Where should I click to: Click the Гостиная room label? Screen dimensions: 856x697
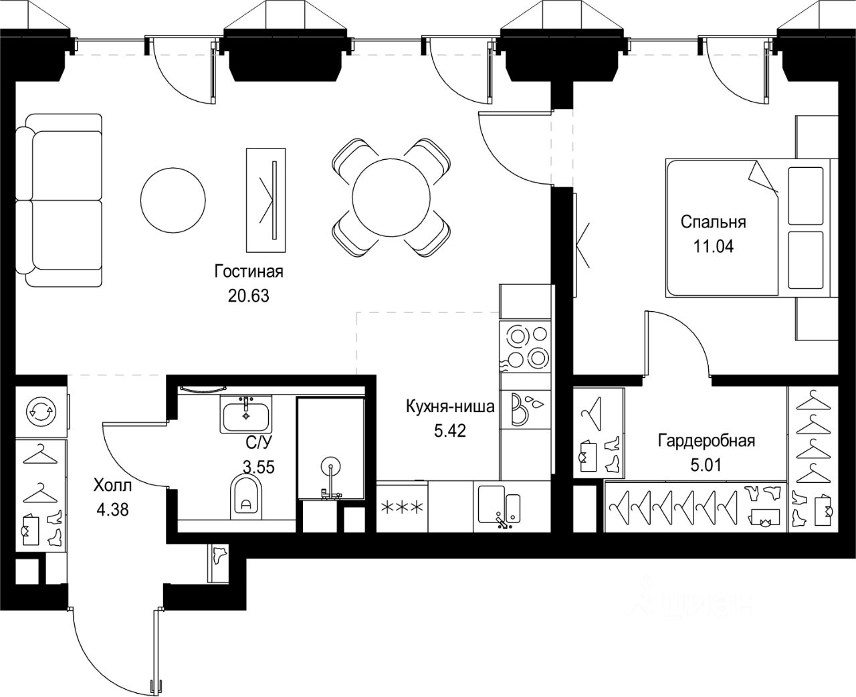pyautogui.click(x=249, y=272)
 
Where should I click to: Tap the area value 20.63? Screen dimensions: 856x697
pyautogui.click(x=248, y=296)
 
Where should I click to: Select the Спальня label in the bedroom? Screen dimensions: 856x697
pyautogui.click(x=714, y=222)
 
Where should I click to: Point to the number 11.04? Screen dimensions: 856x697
pyautogui.click(x=714, y=246)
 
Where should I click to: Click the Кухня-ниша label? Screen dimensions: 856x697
pyautogui.click(x=450, y=407)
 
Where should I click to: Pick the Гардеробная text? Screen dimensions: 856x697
pyautogui.click(x=706, y=441)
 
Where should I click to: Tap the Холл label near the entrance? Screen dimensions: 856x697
pyautogui.click(x=112, y=486)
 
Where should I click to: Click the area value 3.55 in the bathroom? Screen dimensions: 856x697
pyautogui.click(x=259, y=467)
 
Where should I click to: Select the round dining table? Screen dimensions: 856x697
pyautogui.click(x=391, y=197)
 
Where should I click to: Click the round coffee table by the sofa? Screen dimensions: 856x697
pyautogui.click(x=173, y=200)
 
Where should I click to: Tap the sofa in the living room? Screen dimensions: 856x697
pyautogui.click(x=59, y=200)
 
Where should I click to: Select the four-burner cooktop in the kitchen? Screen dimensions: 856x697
pyautogui.click(x=525, y=346)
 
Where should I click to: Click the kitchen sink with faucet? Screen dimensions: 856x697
pyautogui.click(x=500, y=506)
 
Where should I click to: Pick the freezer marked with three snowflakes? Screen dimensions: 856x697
pyautogui.click(x=402, y=507)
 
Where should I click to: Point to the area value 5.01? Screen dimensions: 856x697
pyautogui.click(x=706, y=465)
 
